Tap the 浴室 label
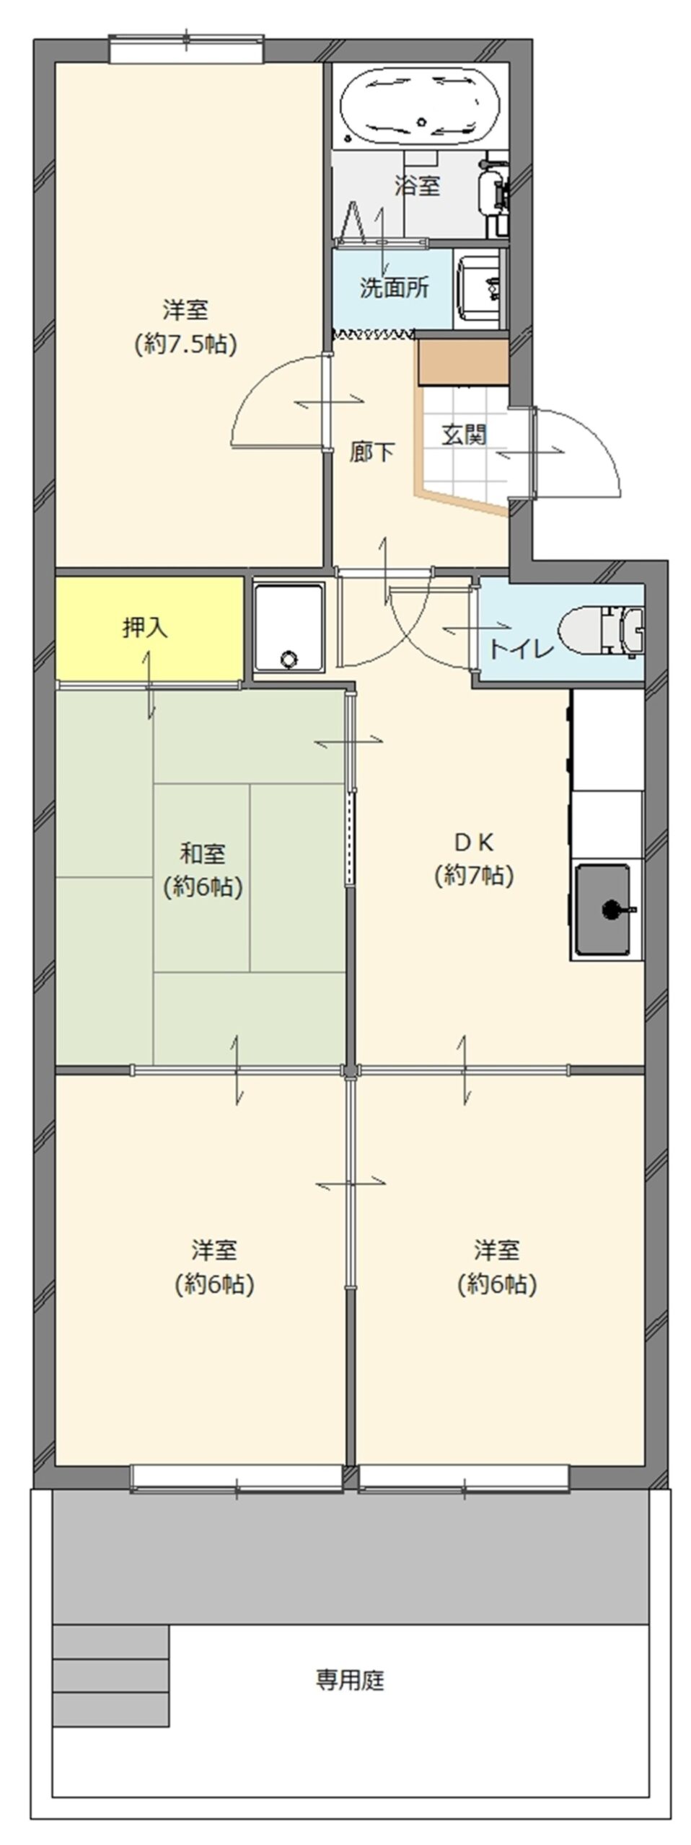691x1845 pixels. (x=417, y=186)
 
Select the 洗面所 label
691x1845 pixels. (x=394, y=288)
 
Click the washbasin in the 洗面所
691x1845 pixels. (x=479, y=288)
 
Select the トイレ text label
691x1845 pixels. (x=521, y=649)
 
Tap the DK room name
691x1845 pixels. (x=473, y=841)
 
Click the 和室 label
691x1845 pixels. (x=202, y=854)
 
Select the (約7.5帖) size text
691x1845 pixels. (x=186, y=344)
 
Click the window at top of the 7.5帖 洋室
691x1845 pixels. (x=187, y=50)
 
